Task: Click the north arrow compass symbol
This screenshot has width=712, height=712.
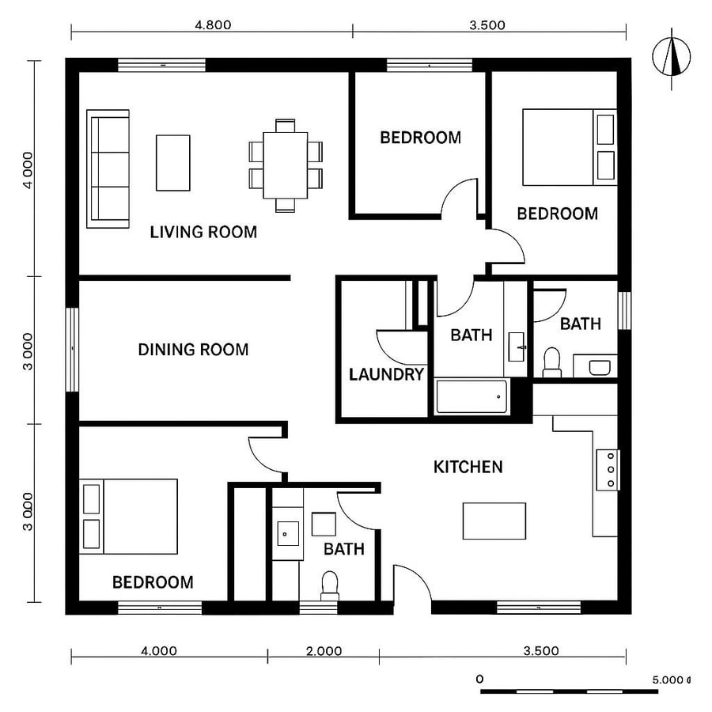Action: (673, 56)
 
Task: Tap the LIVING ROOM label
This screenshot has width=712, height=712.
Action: (203, 232)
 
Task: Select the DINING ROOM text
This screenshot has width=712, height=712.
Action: (193, 349)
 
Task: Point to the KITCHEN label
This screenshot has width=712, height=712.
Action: (468, 467)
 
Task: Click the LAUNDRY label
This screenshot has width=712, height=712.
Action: (387, 374)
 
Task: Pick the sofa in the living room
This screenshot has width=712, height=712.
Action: (108, 169)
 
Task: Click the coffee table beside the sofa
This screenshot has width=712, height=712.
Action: (172, 162)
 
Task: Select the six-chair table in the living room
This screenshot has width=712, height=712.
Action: (286, 165)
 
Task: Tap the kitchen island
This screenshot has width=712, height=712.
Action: (494, 521)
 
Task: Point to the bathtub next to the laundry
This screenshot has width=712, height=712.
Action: (472, 396)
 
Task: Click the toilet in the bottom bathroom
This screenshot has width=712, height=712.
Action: (330, 585)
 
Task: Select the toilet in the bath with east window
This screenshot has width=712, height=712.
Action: (552, 362)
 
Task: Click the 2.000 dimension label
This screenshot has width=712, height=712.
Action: (324, 651)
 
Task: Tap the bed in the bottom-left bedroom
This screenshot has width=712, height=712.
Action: (128, 516)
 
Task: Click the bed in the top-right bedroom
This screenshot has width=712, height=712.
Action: (569, 147)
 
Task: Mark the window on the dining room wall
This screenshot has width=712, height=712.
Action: (73, 348)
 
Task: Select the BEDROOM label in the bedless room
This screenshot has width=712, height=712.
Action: (420, 138)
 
